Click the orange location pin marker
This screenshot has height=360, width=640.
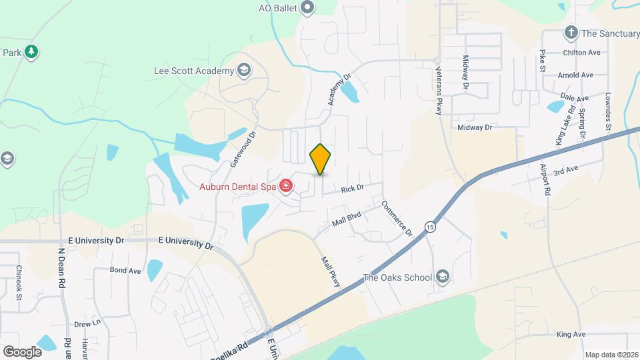(x=321, y=159)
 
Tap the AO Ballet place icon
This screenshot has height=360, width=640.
(x=307, y=8)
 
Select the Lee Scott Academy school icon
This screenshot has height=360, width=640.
(x=244, y=71)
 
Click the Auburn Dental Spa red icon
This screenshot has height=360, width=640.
(x=287, y=186)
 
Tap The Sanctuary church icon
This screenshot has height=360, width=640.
(x=571, y=33)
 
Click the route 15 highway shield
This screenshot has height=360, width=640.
(x=431, y=227)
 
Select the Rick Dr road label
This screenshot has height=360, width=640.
(x=352, y=189)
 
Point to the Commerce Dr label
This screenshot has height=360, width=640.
(x=397, y=218)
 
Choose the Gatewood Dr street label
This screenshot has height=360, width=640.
(x=243, y=149)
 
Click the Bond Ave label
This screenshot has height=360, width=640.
(x=125, y=271)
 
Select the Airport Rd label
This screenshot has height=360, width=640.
(x=545, y=179)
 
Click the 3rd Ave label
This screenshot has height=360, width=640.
(x=565, y=171)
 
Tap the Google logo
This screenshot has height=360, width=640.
(x=22, y=351)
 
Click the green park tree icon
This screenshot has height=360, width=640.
(x=31, y=52)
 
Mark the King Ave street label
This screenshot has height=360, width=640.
(x=571, y=334)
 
